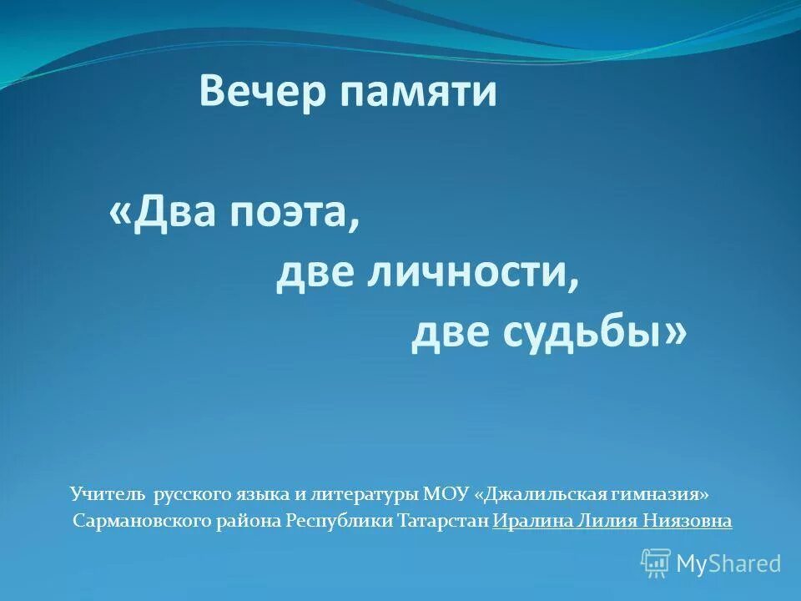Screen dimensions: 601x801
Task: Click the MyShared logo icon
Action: (x=656, y=563)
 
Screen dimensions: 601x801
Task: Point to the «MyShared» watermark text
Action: (x=728, y=564)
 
